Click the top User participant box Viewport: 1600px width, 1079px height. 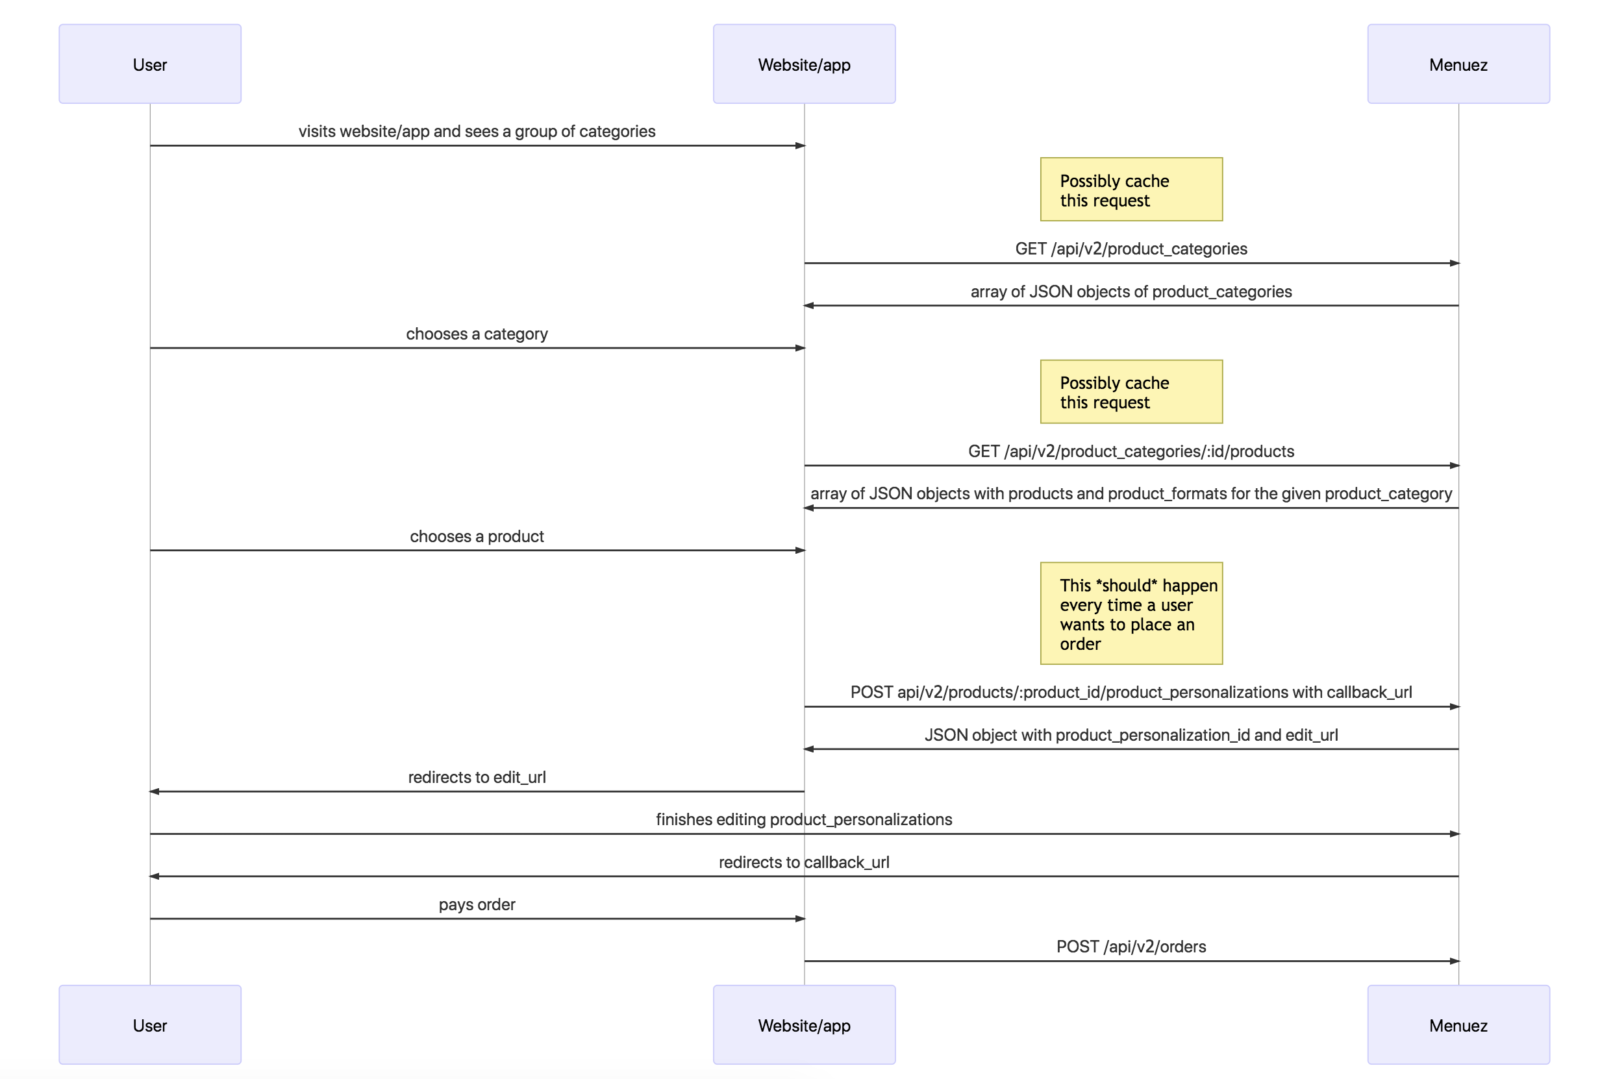[149, 64]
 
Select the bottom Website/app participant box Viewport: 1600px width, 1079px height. [803, 1024]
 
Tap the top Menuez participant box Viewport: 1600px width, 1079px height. [1458, 64]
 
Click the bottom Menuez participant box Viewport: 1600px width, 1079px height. [1458, 1024]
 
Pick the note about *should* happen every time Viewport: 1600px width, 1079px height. [1131, 613]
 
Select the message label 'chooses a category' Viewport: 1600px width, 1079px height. [476, 334]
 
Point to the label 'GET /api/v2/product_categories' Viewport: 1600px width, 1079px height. [1131, 249]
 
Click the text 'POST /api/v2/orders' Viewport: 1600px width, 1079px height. [1131, 946]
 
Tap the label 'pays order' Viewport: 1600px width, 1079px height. [476, 904]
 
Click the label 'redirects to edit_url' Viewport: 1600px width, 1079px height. [476, 777]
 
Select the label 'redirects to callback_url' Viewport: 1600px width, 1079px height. [803, 862]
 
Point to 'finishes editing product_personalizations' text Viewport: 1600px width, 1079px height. [803, 819]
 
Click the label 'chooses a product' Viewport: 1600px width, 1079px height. [476, 536]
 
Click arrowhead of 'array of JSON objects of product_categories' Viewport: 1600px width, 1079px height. [808, 306]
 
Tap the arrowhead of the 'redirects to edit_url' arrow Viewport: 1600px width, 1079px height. [154, 791]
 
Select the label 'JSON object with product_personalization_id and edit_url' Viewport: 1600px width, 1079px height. [1131, 734]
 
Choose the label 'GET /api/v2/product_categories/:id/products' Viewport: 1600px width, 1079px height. [1131, 451]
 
